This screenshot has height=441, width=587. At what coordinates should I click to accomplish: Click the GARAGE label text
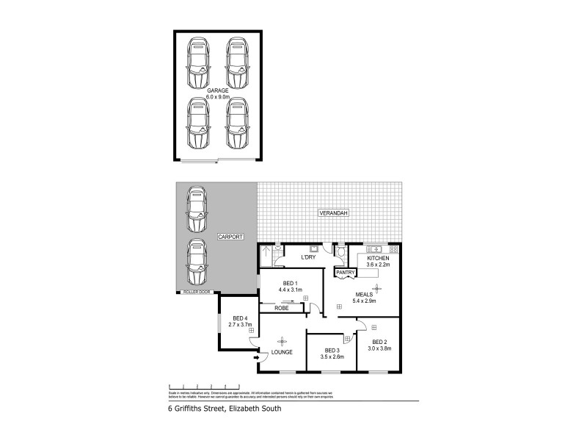(218, 90)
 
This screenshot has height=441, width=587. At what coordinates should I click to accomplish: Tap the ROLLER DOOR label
(197, 293)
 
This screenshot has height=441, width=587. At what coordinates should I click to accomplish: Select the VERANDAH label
(332, 213)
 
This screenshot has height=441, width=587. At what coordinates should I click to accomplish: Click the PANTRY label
(345, 273)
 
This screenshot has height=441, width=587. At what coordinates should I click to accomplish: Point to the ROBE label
(281, 308)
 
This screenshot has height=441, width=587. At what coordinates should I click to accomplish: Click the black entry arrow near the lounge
(255, 358)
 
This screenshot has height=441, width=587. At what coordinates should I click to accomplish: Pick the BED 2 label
(379, 342)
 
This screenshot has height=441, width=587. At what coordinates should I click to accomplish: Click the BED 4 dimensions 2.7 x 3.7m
(240, 323)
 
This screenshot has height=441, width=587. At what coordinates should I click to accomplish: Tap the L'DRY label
(309, 258)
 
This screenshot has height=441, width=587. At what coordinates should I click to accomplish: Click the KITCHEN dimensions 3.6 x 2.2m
(378, 266)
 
